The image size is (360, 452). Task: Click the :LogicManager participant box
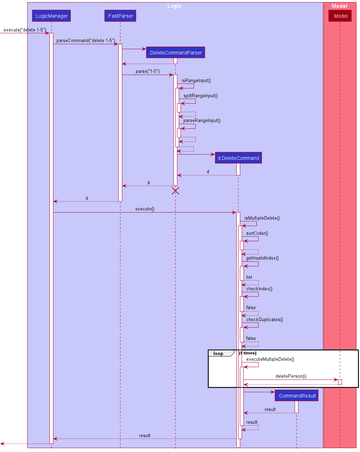tap(51, 16)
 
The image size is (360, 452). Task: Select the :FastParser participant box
tap(120, 16)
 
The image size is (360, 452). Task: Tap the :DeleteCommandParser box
tap(175, 53)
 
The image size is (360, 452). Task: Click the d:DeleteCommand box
tap(238, 158)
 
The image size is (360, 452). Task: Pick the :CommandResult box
tap(296, 396)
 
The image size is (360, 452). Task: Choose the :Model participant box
tap(340, 16)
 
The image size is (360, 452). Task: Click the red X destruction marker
tap(175, 191)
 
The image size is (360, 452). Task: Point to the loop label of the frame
tap(218, 354)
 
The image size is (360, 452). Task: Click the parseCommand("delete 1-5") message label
tap(85, 41)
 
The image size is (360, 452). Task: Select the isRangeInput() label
tap(196, 81)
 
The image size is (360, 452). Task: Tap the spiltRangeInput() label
tap(200, 96)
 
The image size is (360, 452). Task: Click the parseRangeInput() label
tap(202, 121)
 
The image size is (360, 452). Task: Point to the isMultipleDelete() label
tap(262, 218)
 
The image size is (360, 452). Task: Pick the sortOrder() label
tap(257, 233)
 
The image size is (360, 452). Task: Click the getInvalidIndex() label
tap(262, 258)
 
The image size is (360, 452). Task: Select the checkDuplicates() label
tap(264, 320)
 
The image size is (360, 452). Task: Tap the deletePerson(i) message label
tap(291, 376)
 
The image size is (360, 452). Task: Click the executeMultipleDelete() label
tap(270, 359)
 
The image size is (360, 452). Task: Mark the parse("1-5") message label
tap(147, 71)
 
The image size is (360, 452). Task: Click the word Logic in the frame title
tap(174, 6)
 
